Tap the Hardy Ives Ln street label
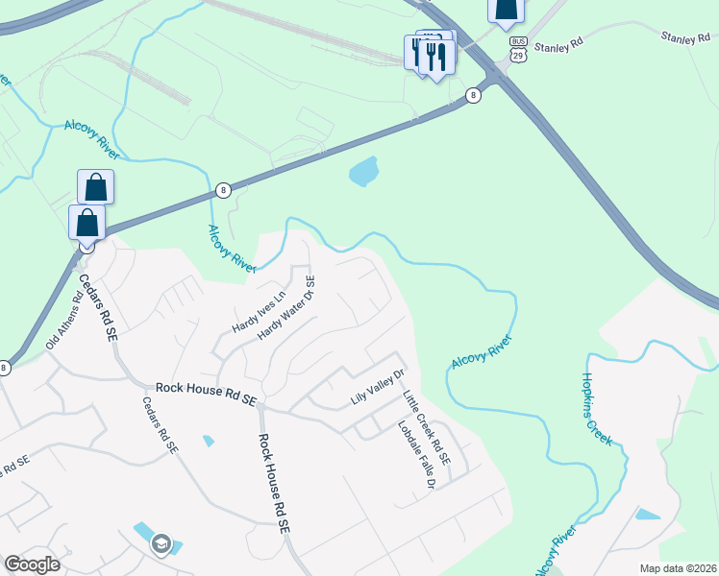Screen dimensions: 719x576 (x=259, y=311)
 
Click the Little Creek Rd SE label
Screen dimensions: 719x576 (x=426, y=427)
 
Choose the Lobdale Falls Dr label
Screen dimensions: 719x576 (x=416, y=457)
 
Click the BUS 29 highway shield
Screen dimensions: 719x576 (x=518, y=49)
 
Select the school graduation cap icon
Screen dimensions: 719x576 (x=161, y=544)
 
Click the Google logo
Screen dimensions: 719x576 (x=33, y=564)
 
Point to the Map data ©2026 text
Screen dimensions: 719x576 (x=678, y=568)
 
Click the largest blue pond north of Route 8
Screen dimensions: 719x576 (x=363, y=172)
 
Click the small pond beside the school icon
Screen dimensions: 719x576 (x=141, y=531)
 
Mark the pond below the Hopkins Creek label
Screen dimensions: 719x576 (x=649, y=515)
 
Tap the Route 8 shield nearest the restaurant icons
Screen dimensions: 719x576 (x=473, y=95)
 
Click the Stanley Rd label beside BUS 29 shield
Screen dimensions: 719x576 (x=558, y=44)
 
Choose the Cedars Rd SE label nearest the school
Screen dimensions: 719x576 (x=161, y=425)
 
